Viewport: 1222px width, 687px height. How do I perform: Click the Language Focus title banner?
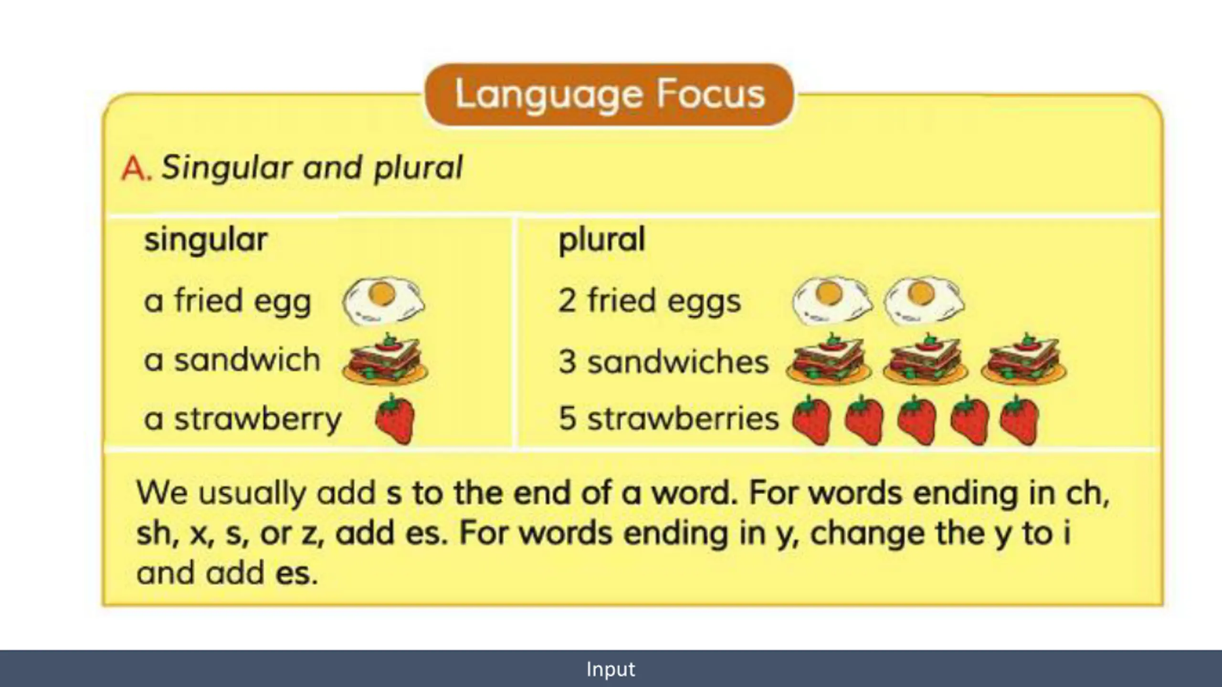(609, 94)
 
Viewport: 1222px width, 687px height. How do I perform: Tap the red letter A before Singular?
(136, 169)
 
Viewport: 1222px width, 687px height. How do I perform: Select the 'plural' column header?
(601, 240)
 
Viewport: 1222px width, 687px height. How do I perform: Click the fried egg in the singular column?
(383, 301)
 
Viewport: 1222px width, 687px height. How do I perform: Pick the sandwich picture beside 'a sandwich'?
(385, 359)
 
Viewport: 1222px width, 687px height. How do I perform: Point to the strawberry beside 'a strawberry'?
(394, 419)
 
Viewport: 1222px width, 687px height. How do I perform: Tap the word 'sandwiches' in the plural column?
(678, 361)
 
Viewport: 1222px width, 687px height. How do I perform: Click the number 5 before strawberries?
(567, 418)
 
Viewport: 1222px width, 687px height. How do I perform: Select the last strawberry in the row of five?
(1019, 420)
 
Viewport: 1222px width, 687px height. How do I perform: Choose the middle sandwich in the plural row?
(926, 359)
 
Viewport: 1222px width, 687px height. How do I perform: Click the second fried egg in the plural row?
(924, 301)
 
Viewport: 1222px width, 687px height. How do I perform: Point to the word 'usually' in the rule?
(252, 494)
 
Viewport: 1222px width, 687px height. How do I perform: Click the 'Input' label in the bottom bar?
(611, 669)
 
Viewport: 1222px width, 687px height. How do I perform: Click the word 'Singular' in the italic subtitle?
(227, 169)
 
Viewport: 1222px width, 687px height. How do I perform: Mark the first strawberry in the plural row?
(811, 420)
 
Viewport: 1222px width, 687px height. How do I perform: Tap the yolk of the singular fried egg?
(382, 293)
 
